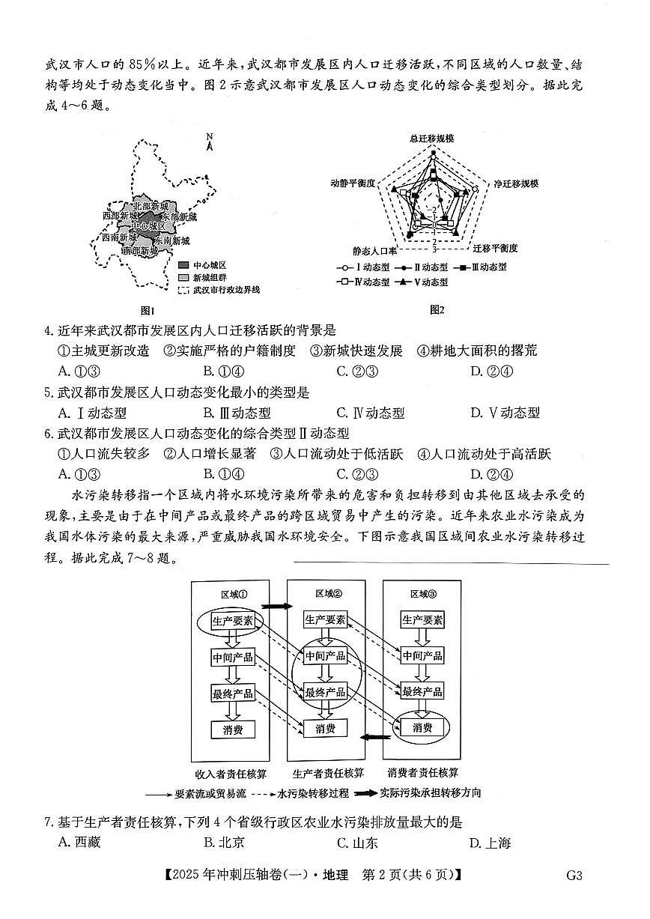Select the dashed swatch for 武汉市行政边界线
(183, 290)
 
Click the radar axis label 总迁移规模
(432, 139)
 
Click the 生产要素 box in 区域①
(232, 622)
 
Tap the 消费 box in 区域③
(422, 727)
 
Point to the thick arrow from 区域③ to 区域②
(370, 738)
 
